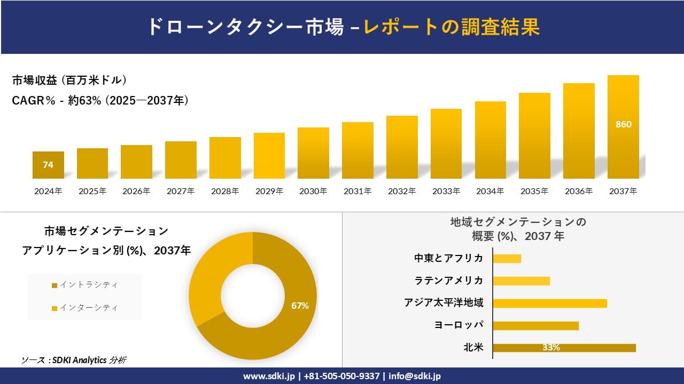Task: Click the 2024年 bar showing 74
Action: click(x=48, y=165)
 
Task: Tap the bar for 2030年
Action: click(x=313, y=153)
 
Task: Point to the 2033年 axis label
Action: click(x=446, y=191)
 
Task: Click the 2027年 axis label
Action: click(x=181, y=191)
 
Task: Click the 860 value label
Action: click(x=623, y=124)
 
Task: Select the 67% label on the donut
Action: click(x=300, y=306)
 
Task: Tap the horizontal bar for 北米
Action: click(x=564, y=348)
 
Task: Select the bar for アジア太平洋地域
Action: click(x=549, y=303)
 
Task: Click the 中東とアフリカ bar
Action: click(x=507, y=259)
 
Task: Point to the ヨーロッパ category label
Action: click(x=459, y=325)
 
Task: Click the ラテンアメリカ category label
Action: click(x=448, y=281)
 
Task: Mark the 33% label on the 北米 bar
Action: click(x=550, y=348)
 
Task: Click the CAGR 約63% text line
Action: click(x=100, y=100)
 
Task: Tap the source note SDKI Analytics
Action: click(x=74, y=360)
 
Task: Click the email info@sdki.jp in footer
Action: click(x=414, y=376)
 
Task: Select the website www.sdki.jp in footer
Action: click(x=268, y=376)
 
